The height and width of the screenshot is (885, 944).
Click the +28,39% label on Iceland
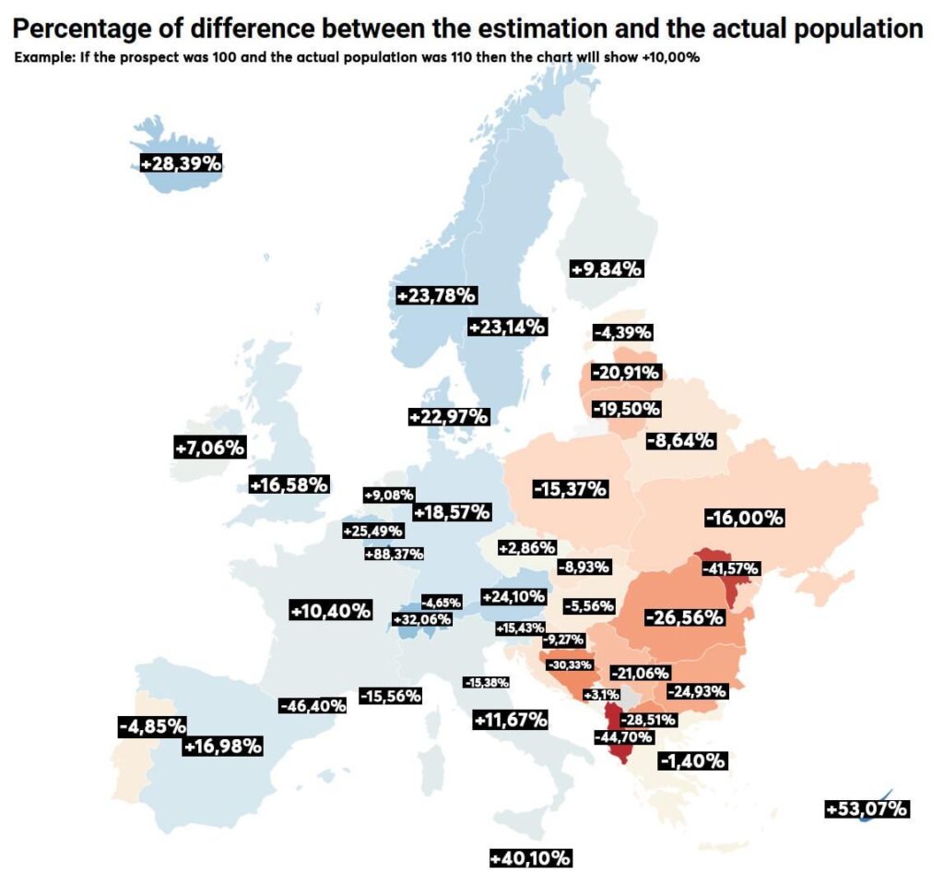coord(181,163)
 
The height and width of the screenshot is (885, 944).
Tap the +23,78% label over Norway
coord(435,295)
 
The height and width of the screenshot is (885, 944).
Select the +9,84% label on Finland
coord(606,269)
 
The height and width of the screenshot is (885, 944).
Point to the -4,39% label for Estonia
coord(623,331)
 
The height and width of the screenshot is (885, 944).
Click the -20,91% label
coord(626,373)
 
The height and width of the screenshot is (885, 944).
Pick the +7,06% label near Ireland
coord(209,448)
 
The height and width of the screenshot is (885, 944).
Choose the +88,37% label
coord(394,554)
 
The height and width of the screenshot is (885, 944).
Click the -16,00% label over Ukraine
coord(743,518)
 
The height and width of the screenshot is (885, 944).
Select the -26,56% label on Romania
coord(683,617)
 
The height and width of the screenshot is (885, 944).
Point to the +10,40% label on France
coord(330,610)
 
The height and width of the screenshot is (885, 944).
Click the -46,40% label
coord(313,705)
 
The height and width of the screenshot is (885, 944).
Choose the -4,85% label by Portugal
coord(153,725)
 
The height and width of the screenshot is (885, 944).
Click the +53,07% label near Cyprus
coord(867,809)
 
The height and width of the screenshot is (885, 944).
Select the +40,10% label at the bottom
coord(531,858)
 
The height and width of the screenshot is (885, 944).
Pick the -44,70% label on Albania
coord(624,737)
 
